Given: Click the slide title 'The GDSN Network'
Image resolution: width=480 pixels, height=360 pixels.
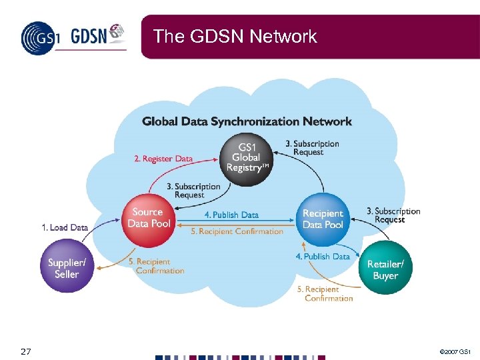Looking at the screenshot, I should tap(235, 36).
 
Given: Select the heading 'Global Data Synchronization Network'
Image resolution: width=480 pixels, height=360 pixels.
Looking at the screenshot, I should tap(247, 121).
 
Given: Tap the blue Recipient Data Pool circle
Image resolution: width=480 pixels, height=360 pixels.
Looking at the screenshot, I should tap(323, 219).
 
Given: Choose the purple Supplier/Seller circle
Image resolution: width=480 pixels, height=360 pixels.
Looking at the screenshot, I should tap(67, 269).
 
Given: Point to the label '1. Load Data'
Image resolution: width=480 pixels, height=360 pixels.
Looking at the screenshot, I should tap(65, 227).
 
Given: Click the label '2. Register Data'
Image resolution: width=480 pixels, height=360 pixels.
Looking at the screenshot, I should tap(163, 159).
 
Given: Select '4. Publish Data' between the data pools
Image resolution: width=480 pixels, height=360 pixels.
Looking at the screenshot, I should tap(231, 215).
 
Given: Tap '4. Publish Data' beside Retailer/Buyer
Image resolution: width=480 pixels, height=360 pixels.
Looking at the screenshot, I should tap(323, 256).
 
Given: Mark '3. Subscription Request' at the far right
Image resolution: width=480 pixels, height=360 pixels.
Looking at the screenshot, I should tap(393, 215).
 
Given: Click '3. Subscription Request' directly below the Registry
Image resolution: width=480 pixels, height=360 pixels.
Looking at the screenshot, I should tap(193, 191).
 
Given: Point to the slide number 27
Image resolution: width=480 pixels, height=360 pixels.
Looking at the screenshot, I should tap(26, 351).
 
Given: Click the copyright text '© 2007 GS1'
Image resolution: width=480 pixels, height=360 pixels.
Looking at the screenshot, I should tap(456, 351).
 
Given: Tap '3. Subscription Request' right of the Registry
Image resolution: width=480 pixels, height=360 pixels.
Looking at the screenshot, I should tap(312, 147).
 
